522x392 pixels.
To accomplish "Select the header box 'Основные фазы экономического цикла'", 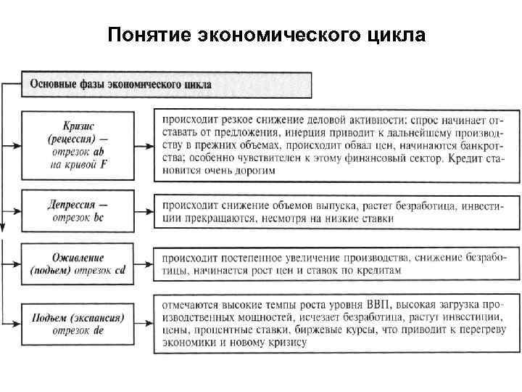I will (x=167, y=83).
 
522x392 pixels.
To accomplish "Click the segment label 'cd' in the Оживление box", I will (x=120, y=270).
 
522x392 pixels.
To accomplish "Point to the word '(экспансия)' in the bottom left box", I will (x=99, y=317).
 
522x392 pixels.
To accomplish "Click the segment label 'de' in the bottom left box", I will (x=99, y=330).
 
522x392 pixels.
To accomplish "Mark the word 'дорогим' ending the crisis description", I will (x=254, y=170).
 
